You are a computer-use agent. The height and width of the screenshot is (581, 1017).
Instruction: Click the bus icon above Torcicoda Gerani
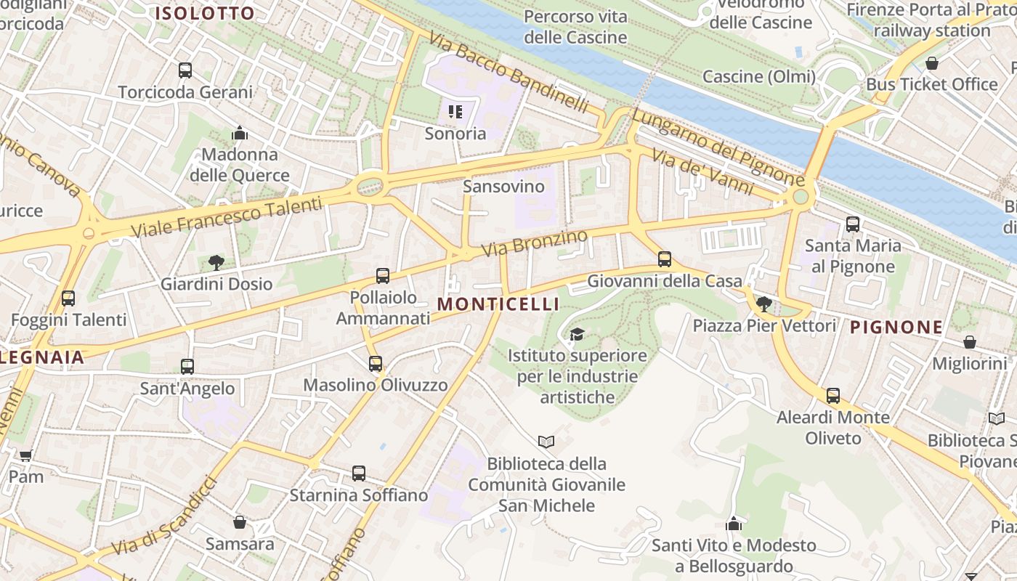[x=185, y=70]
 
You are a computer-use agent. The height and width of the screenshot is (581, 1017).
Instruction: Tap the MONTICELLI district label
[x=498, y=304]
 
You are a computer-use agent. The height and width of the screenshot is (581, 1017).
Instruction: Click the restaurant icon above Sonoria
[x=455, y=112]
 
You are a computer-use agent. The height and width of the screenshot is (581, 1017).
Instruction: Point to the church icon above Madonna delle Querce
[x=240, y=133]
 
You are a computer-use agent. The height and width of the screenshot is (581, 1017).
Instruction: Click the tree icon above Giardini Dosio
[x=216, y=262]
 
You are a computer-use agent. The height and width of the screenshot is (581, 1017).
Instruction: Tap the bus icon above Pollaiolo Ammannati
[x=383, y=276]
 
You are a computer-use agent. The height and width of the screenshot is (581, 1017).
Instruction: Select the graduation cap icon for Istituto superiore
[x=577, y=334]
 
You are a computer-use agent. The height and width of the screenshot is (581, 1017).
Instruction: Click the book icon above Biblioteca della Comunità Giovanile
[x=546, y=442]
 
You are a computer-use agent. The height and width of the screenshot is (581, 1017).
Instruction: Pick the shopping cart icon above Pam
[x=26, y=455]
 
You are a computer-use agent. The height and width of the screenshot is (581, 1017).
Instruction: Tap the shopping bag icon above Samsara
[x=240, y=522]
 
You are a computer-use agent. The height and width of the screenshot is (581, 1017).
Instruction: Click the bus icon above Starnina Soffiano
[x=359, y=474]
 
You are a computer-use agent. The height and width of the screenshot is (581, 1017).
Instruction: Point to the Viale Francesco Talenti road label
[x=226, y=216]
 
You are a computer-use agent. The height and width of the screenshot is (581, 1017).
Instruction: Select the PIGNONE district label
[x=896, y=328]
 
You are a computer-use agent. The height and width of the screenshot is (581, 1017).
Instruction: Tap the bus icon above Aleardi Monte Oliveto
[x=833, y=396]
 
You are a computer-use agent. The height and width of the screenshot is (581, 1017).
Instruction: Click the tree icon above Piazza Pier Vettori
[x=763, y=304]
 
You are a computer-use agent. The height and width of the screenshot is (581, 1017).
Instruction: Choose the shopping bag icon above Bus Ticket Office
[x=932, y=63]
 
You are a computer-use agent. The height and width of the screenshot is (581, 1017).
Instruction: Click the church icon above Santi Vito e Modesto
[x=734, y=524]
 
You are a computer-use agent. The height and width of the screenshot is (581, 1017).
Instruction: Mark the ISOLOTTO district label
[x=205, y=13]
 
